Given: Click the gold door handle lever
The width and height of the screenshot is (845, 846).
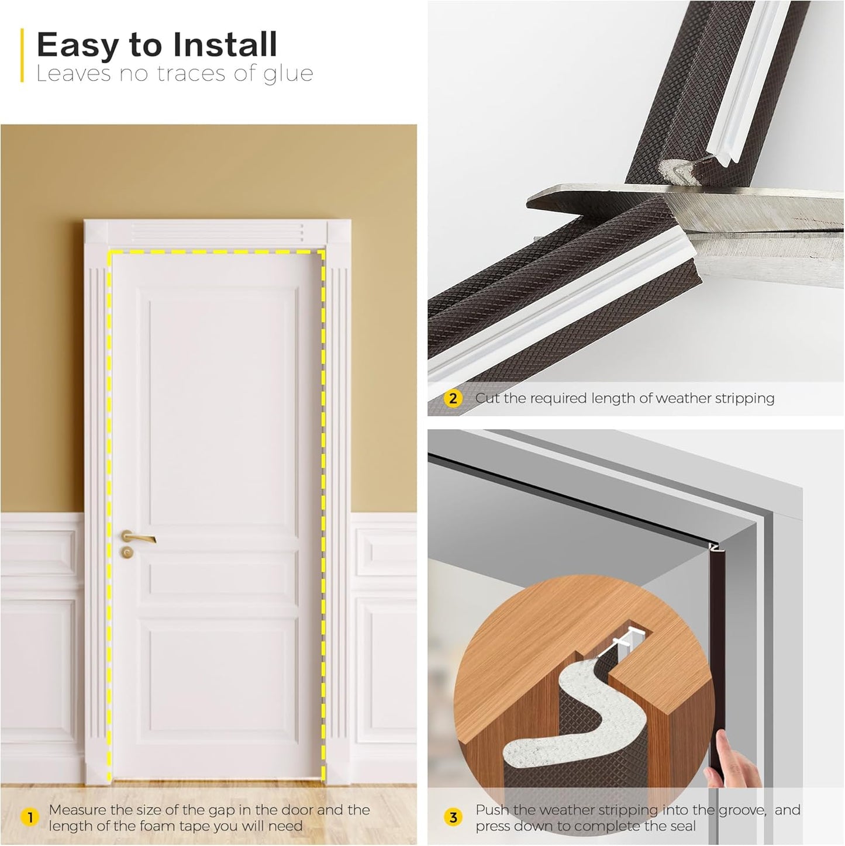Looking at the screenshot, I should [139, 537].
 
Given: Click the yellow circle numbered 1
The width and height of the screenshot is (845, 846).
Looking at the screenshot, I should [29, 817].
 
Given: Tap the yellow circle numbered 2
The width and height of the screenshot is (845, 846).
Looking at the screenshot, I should [453, 399].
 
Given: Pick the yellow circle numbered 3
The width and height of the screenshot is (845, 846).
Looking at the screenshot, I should [453, 817].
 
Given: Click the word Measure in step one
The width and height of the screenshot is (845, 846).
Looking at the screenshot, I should [78, 810].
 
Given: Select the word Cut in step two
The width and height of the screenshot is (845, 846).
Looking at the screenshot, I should [487, 398].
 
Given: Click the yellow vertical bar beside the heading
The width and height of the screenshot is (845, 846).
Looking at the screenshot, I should [22, 56].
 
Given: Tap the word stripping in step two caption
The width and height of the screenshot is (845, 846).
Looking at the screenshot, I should [744, 399].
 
